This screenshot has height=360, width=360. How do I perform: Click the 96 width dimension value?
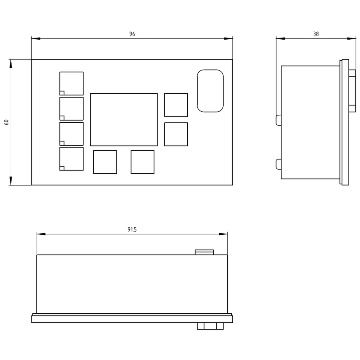click(x=132, y=34)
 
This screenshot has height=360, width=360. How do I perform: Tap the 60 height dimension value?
click(x=6, y=122)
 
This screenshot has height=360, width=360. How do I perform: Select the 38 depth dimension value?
click(x=316, y=34)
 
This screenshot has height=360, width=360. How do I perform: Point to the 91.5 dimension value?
click(x=132, y=229)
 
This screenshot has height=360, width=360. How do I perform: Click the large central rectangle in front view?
click(x=124, y=120)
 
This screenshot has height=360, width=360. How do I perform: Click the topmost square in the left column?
click(x=72, y=83)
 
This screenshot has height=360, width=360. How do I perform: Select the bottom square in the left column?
click(x=72, y=159)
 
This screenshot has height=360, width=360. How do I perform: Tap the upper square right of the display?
click(x=176, y=105)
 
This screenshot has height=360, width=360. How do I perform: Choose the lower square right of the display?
click(x=176, y=134)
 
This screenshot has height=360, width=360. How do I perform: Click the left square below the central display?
click(x=105, y=162)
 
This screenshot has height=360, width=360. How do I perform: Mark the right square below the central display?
click(x=142, y=162)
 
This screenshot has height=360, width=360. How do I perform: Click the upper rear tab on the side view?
click(x=278, y=120)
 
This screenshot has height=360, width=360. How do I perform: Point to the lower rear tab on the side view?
click(x=278, y=164)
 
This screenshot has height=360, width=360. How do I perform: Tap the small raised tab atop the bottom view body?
click(x=204, y=252)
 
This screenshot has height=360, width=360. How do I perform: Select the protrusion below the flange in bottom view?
click(x=210, y=326)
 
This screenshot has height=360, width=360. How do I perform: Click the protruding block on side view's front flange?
click(x=352, y=91)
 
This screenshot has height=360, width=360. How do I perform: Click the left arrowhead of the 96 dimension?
click(x=36, y=38)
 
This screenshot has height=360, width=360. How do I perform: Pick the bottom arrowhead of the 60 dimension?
click(x=10, y=181)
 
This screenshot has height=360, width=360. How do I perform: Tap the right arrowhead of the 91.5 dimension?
click(x=223, y=234)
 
